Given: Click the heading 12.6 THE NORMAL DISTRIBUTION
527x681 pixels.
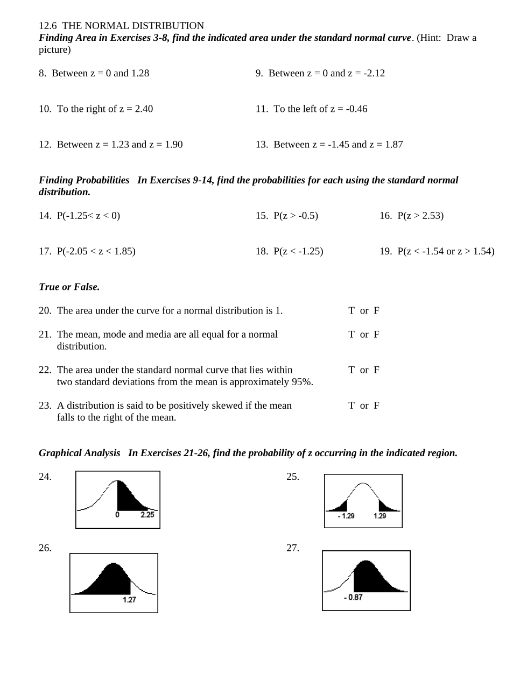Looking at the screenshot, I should tap(121, 26).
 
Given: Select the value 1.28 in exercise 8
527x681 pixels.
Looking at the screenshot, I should tap(140, 73).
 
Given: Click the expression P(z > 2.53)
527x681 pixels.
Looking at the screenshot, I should tap(420, 216).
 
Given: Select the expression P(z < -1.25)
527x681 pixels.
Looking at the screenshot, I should tap(298, 251).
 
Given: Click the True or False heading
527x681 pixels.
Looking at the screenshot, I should tap(69, 287).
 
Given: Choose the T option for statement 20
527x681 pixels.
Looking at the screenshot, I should tap(351, 310).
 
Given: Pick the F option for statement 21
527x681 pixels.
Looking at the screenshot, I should tap(376, 335).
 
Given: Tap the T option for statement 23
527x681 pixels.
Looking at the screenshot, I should tap(351, 406).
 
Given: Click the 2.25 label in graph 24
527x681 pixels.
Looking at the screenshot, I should tap(147, 515).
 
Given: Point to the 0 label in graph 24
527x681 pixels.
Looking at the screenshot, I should tap(117, 515).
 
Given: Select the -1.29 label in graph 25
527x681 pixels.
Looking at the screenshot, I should tap(346, 516).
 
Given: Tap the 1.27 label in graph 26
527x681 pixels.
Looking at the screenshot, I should tap(129, 600).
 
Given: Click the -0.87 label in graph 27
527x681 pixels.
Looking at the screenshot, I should tap(353, 598).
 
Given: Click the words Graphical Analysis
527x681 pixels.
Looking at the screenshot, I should tap(79, 453).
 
